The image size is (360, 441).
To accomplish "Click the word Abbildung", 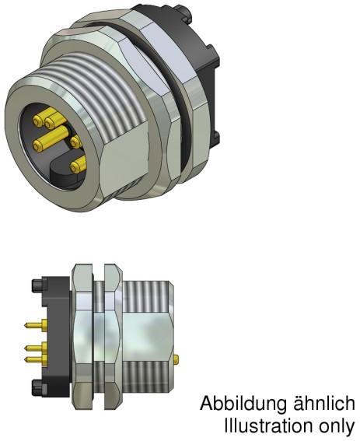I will point(236,405).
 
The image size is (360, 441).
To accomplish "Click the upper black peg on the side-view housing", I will point(36,289).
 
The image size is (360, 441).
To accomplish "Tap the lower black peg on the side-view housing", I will point(36,387).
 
